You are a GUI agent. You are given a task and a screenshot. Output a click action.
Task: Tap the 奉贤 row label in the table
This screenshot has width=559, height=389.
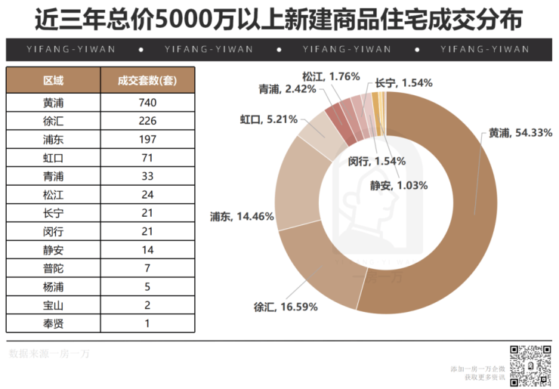[x=54, y=323]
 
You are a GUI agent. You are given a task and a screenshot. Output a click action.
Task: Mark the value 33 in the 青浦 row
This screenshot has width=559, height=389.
[x=147, y=176]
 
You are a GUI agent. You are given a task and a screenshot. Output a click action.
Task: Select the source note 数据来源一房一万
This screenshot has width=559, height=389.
[x=48, y=353]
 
